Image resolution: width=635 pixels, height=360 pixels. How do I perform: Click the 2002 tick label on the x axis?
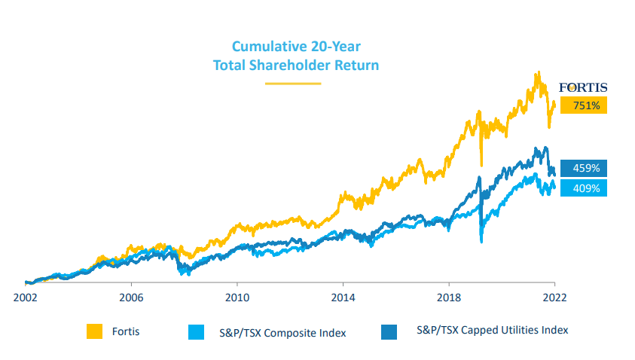26,296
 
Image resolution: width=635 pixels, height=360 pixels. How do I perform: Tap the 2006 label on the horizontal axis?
131,296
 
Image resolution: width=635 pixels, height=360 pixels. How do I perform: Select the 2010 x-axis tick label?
237,296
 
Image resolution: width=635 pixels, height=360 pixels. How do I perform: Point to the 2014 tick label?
343,296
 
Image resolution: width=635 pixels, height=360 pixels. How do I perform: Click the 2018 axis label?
449,296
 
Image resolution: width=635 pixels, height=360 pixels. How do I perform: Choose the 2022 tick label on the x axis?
554,296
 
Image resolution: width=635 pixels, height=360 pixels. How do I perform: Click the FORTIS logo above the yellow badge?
582,87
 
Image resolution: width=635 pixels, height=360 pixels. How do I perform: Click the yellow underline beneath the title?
293,83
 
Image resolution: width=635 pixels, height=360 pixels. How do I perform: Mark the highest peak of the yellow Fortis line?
537,73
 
